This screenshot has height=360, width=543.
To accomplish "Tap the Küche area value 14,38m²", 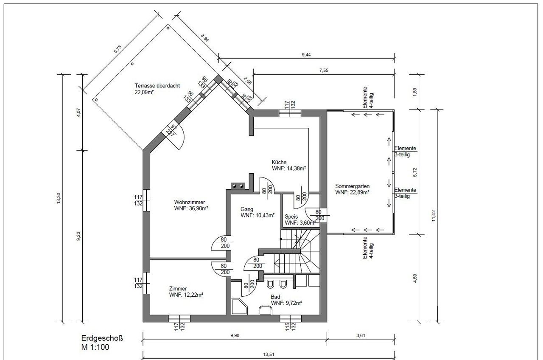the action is [x=296, y=169].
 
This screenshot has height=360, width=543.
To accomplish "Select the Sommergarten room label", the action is [x=352, y=186].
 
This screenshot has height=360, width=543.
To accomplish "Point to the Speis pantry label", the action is [x=291, y=217].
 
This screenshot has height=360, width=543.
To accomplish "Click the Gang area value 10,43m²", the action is [x=265, y=215].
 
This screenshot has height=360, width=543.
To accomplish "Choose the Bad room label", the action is [x=275, y=297].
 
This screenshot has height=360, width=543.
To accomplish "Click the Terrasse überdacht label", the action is [x=157, y=86].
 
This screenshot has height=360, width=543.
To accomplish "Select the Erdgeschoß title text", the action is [x=102, y=338].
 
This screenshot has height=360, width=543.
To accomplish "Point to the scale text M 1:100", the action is [x=95, y=347].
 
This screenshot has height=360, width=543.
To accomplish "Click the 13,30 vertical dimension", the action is [x=59, y=198].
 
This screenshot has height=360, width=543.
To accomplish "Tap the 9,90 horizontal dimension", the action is [x=235, y=335].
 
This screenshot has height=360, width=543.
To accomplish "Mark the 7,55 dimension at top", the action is [x=324, y=70].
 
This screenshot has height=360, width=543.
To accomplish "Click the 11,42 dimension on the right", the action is [x=434, y=216].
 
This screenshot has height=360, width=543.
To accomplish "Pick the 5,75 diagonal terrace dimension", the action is [x=118, y=49].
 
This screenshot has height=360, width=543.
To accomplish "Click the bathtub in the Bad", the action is [x=266, y=310].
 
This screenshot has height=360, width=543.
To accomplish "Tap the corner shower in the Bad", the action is [x=240, y=307].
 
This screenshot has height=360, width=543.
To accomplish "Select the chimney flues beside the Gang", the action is [x=238, y=186].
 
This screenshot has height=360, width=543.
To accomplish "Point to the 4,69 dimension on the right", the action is [x=415, y=278].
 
